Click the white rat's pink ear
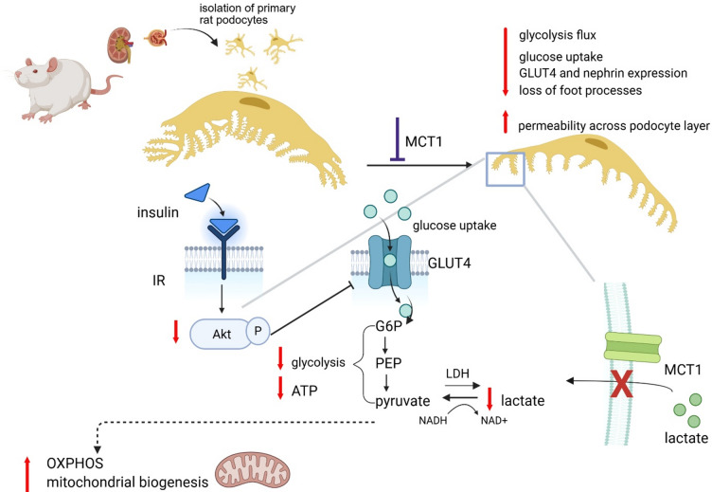click(52, 65)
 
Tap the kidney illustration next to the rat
click(120, 45)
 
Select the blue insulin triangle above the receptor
click(198, 191)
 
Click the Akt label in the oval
click(222, 335)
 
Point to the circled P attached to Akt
click(258, 331)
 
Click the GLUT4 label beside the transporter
click(450, 263)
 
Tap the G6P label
click(389, 326)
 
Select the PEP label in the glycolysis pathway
click(389, 363)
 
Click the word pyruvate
click(402, 401)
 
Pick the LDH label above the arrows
click(457, 374)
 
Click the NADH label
click(433, 421)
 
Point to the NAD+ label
click(494, 421)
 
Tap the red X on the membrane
click(621, 383)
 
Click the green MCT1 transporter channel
click(633, 348)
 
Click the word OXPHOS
click(75, 464)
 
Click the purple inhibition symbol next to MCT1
click(398, 139)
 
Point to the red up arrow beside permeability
click(505, 122)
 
